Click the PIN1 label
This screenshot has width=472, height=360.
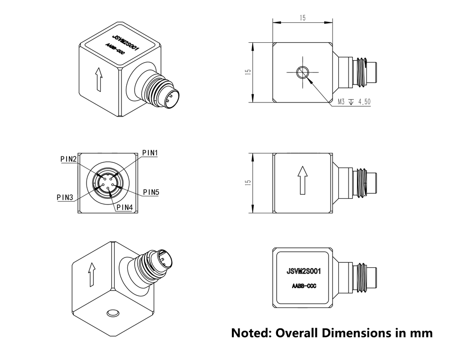tap(151, 153)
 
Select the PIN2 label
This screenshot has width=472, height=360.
tap(68, 159)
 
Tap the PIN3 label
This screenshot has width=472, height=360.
tap(65, 197)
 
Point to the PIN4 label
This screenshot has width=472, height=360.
tap(124, 207)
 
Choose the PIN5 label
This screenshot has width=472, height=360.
tap(151, 192)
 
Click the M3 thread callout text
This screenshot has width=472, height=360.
tap(342, 102)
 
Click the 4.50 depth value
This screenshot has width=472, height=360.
tap(364, 102)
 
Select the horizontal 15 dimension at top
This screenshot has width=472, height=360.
tap(302, 18)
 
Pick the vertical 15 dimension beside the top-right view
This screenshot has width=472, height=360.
tap(248, 72)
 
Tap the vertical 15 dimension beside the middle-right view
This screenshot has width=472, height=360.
tap(248, 183)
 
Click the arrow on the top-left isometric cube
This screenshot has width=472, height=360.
tap(99, 79)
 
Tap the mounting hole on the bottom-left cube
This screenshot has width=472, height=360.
tap(114, 312)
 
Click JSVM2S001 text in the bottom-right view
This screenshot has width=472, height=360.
tap(302, 272)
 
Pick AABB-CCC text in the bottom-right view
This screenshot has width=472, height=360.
tap(302, 286)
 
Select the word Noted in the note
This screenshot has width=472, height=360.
tap(251, 333)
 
